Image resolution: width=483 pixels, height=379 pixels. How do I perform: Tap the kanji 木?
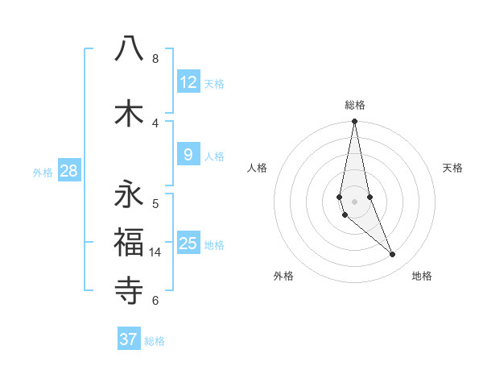click(x=129, y=114)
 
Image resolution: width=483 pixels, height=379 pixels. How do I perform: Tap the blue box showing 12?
click(x=188, y=81)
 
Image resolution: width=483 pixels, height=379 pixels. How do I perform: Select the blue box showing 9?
click(x=188, y=154)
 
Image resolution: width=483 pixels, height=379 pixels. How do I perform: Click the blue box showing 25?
click(x=188, y=243)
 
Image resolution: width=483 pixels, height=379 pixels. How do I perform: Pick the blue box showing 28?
click(x=68, y=171)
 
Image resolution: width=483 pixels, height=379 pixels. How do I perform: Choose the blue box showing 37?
click(x=129, y=339)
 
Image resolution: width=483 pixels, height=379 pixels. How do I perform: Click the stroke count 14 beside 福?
click(x=155, y=252)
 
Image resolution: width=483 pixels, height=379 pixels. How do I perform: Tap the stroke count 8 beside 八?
click(x=155, y=59)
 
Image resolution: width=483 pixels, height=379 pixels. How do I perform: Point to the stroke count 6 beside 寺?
click(x=155, y=301)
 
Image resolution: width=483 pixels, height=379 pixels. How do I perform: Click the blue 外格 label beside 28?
click(x=43, y=172)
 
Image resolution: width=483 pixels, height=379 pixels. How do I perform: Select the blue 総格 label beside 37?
click(x=155, y=341)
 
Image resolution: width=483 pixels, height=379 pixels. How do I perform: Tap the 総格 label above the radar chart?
click(x=355, y=105)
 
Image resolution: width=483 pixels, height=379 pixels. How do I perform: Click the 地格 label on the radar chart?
click(x=422, y=277)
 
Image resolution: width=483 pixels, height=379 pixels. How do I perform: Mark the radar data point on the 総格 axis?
click(x=354, y=122)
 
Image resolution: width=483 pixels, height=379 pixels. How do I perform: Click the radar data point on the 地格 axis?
click(x=393, y=255)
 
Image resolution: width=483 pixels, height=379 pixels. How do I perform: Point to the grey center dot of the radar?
click(x=354, y=201)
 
